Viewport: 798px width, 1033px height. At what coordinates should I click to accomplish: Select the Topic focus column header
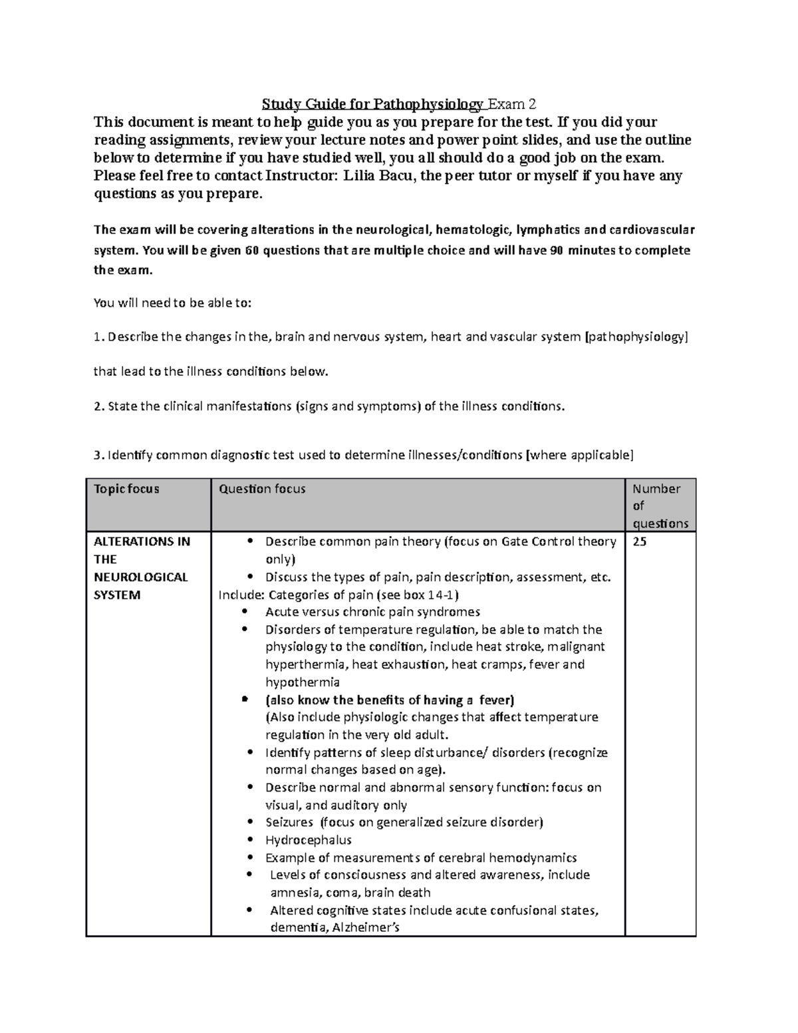pos(126,489)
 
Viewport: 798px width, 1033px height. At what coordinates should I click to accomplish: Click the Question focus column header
pos(262,489)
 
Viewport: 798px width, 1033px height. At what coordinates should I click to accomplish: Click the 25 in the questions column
pos(639,541)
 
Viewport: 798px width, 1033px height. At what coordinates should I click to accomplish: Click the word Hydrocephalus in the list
pos(308,840)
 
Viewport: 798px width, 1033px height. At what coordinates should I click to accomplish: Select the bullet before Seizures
pos(249,823)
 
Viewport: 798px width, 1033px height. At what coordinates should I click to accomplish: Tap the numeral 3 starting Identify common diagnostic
pos(96,456)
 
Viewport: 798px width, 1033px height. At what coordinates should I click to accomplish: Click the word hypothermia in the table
pos(302,682)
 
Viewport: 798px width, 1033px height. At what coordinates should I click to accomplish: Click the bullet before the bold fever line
pos(245,700)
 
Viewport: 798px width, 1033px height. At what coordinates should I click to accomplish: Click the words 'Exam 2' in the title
pos(512,104)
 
